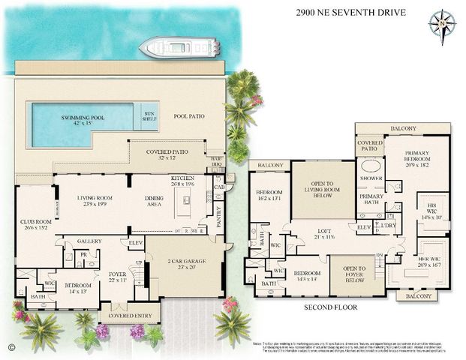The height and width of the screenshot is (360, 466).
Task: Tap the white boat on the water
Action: (x=179, y=48)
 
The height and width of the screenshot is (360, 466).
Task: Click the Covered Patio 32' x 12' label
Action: (x=167, y=154)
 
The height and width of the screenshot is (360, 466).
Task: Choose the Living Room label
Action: (x=98, y=202)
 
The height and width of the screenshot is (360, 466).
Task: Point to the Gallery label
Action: (x=89, y=241)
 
